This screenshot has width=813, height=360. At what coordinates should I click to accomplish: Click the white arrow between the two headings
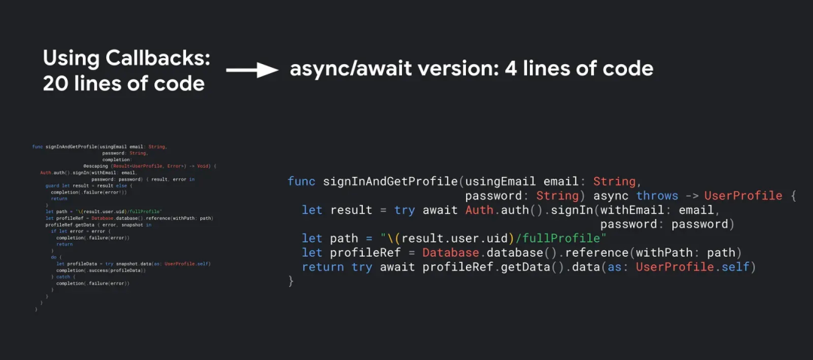point(253,70)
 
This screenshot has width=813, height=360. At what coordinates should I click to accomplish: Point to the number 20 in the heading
point(57,84)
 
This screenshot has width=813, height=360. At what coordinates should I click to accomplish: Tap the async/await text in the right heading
point(345,69)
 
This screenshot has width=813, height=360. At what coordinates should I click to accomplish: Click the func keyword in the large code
point(301,182)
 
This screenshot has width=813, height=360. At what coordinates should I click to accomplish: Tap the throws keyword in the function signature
point(657,196)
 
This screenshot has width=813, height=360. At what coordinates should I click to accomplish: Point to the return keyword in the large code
point(323,267)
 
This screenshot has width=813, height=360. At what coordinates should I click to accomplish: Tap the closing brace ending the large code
point(291,281)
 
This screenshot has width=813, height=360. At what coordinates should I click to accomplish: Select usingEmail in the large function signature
point(500,182)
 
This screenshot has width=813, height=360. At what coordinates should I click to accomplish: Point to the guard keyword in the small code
point(52,185)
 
